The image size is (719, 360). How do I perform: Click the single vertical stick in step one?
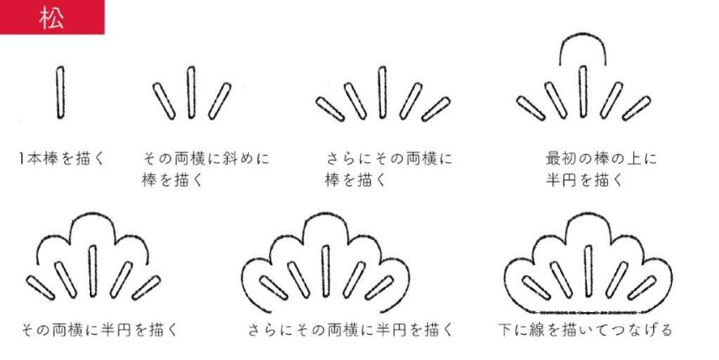61,93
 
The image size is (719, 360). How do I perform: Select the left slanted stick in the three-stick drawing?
164,102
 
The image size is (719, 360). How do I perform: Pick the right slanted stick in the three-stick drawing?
220,102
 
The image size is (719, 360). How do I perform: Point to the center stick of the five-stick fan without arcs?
383,91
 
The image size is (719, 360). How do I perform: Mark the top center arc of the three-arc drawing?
93,220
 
